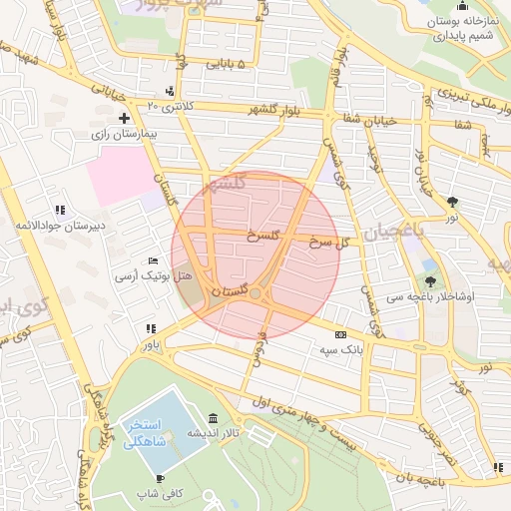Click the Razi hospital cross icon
point(124,118)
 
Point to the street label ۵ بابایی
point(232,65)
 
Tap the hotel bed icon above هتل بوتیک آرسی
point(152,259)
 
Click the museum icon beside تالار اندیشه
point(213,419)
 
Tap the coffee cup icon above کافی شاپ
point(160,479)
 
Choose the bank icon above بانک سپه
point(341,334)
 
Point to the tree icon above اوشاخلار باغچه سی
point(430,281)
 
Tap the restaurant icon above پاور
point(151,328)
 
